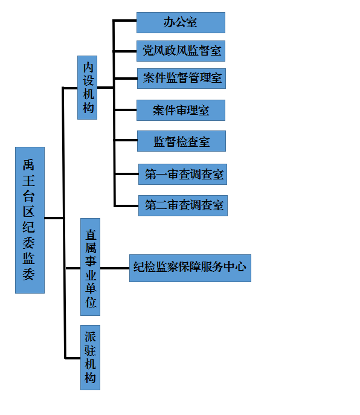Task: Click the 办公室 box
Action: (181, 22)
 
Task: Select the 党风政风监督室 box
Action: (181, 51)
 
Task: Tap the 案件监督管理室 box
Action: (181, 79)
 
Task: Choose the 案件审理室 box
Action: (181, 110)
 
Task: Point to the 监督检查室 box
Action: (181, 141)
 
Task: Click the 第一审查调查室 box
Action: (182, 174)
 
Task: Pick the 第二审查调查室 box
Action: (183, 205)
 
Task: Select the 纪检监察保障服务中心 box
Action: (190, 268)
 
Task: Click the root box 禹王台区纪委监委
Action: (30, 220)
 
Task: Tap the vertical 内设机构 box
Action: (88, 88)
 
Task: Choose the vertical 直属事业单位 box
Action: (90, 267)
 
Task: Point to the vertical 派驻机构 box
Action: (90, 358)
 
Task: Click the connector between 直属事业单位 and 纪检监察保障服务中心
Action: (115, 268)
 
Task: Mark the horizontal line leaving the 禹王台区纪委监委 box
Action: (54, 218)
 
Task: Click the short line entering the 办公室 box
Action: (124, 21)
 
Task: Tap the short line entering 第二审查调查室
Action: (126, 205)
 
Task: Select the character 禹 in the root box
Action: (28, 165)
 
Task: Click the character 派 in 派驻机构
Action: (90, 336)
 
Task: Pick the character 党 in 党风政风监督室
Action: (148, 51)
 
